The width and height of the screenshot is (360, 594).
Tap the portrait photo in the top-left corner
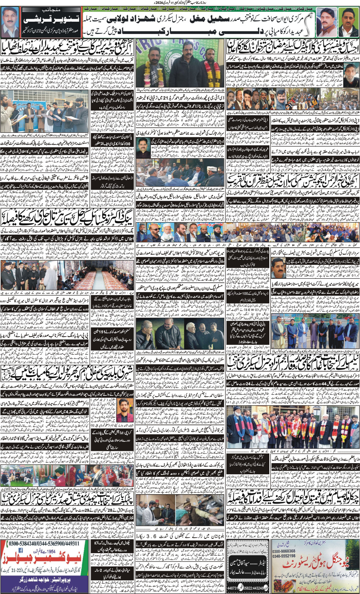click(x=10, y=22)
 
